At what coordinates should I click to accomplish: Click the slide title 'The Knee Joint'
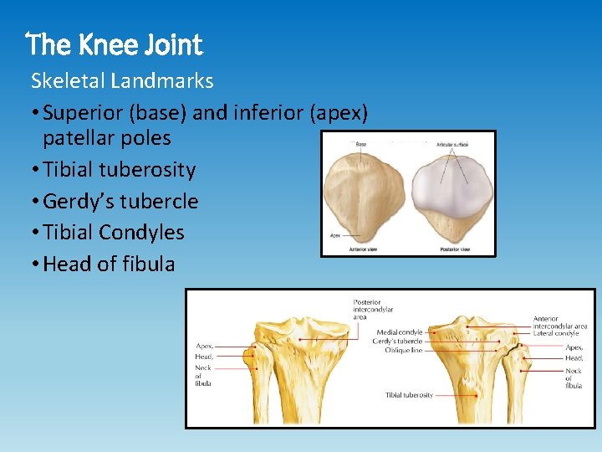[115, 44]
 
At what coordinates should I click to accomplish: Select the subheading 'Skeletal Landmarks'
[122, 81]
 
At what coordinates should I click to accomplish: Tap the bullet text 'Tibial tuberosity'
[119, 170]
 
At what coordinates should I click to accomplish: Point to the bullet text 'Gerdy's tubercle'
[120, 202]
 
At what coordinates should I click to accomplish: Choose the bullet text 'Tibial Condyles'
[113, 233]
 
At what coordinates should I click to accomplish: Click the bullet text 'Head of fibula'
[109, 265]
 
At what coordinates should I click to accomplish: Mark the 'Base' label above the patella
[360, 144]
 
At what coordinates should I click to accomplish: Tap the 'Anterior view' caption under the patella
[350, 249]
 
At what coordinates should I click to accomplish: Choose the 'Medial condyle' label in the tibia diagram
[399, 332]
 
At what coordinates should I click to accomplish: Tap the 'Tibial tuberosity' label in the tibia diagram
[409, 395]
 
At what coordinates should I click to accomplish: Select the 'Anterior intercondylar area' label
[560, 322]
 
